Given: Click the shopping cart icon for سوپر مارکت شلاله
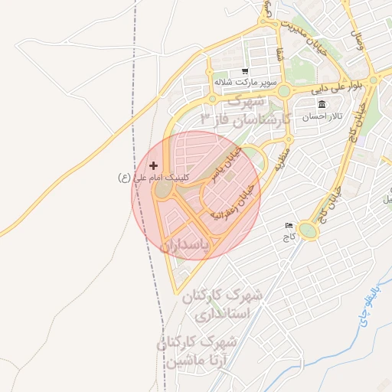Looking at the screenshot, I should click(x=244, y=70).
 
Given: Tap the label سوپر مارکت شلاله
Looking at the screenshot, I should click(x=244, y=81).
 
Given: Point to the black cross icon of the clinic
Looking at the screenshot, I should click(x=154, y=165).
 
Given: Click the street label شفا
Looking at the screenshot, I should click(x=277, y=53).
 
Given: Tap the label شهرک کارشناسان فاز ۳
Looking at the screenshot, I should click(x=242, y=109).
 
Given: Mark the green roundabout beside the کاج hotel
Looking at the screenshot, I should click(x=309, y=230).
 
